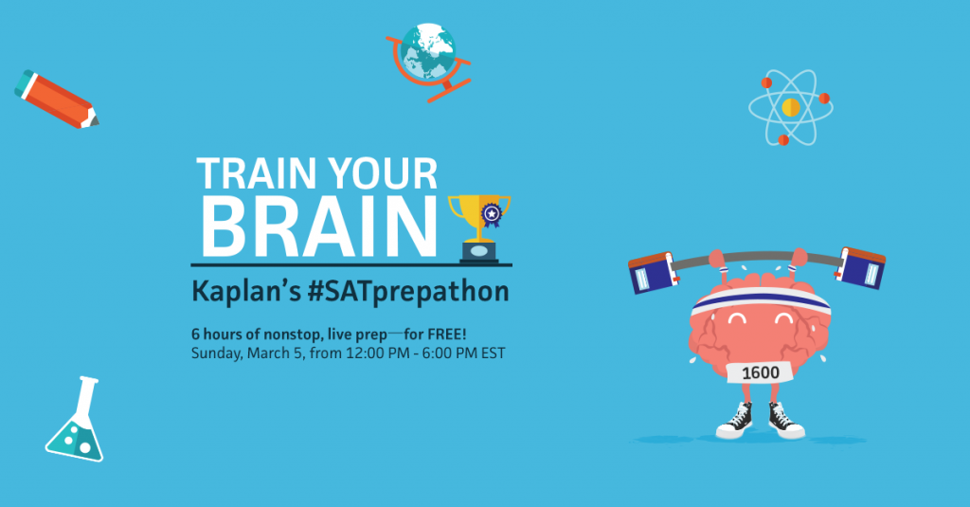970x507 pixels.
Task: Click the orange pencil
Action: pyautogui.click(x=56, y=100)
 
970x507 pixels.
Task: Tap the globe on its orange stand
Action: pyautogui.click(x=428, y=59)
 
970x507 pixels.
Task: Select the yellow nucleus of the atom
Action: pyautogui.click(x=791, y=108)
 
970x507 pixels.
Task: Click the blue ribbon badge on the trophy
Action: pyautogui.click(x=492, y=215)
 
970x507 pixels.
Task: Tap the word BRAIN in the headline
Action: pyautogui.click(x=319, y=226)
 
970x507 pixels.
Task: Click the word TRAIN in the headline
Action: pyautogui.click(x=259, y=173)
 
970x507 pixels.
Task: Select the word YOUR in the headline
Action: pyautogui.click(x=383, y=173)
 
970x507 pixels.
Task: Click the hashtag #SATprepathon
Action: pyautogui.click(x=408, y=292)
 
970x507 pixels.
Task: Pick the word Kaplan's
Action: pyautogui.click(x=246, y=292)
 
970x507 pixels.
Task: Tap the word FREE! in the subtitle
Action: pyautogui.click(x=447, y=335)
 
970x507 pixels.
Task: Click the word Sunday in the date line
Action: pyautogui.click(x=216, y=354)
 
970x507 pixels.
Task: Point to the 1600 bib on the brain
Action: pyautogui.click(x=761, y=372)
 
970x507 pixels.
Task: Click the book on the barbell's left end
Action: pyautogui.click(x=652, y=272)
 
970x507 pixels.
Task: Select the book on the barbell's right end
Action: pyautogui.click(x=860, y=267)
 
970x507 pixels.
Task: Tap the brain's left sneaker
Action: pyautogui.click(x=735, y=421)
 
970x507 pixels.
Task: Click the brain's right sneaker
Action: pyautogui.click(x=785, y=421)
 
